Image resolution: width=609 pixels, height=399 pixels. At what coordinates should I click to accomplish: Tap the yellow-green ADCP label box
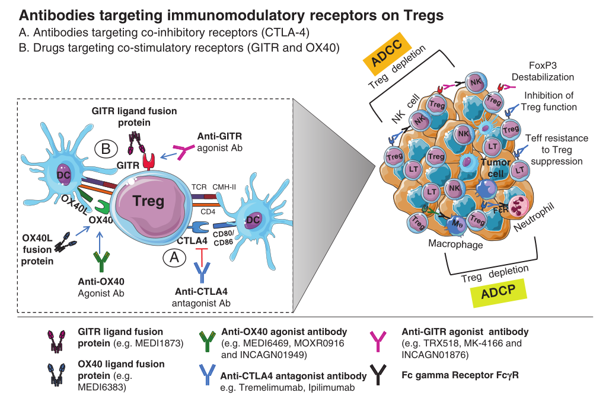coord(499,292)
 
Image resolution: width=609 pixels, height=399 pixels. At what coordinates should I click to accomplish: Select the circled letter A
coord(174,257)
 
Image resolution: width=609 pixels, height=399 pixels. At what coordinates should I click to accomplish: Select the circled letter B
coord(106,149)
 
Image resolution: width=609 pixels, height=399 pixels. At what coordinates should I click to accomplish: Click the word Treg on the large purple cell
coord(148,201)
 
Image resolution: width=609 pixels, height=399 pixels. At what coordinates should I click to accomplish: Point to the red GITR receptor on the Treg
coord(149,160)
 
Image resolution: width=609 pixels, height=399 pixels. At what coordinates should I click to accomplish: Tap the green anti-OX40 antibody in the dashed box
coord(102,261)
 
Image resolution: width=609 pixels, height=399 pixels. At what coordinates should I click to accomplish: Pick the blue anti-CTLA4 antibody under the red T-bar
coord(202,272)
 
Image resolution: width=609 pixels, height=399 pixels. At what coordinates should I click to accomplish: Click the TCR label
coord(199,187)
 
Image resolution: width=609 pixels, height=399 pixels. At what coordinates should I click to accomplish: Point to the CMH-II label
coord(224,187)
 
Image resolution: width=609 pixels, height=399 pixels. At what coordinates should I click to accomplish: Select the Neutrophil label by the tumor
coord(534,217)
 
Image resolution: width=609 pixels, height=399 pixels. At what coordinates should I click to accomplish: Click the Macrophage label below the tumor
coord(455,244)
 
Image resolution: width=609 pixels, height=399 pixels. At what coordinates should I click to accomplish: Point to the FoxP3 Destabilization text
coord(543,72)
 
